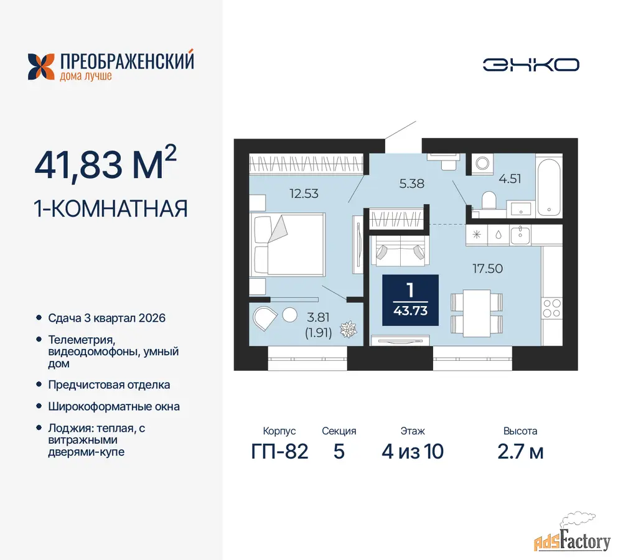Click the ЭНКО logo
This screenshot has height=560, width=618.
[531, 65]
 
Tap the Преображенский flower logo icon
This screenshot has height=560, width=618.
[41, 67]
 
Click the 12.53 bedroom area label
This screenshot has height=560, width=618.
[304, 194]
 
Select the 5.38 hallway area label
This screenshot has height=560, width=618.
[411, 184]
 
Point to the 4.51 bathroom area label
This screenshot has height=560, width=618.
[510, 179]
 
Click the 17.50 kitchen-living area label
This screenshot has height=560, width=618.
[487, 268]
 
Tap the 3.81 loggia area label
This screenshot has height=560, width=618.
[318, 317]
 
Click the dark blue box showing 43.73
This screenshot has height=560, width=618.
[410, 300]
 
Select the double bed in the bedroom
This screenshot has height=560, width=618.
[289, 244]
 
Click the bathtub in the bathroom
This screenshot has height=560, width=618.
[549, 187]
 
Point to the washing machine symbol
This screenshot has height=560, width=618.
[482, 163]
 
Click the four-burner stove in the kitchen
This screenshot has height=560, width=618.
[552, 308]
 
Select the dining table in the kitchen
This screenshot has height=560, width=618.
[477, 314]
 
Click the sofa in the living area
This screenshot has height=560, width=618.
[400, 251]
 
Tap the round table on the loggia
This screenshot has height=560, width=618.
[289, 315]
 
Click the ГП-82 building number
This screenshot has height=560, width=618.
[279, 451]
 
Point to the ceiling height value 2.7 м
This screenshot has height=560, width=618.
[520, 451]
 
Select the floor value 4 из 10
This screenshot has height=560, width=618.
[412, 451]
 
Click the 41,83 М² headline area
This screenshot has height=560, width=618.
[105, 162]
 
